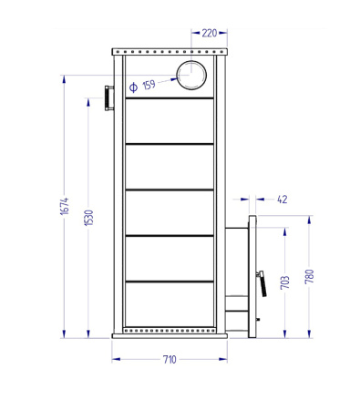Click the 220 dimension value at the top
[210, 33]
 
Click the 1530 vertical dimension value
[88, 219]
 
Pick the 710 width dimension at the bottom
[169, 360]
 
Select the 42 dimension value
[282, 199]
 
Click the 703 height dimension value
[285, 282]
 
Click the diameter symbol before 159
[133, 87]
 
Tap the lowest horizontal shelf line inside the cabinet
[169, 282]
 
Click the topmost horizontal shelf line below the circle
[169, 98]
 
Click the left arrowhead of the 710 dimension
[116, 359]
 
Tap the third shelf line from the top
[169, 190]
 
